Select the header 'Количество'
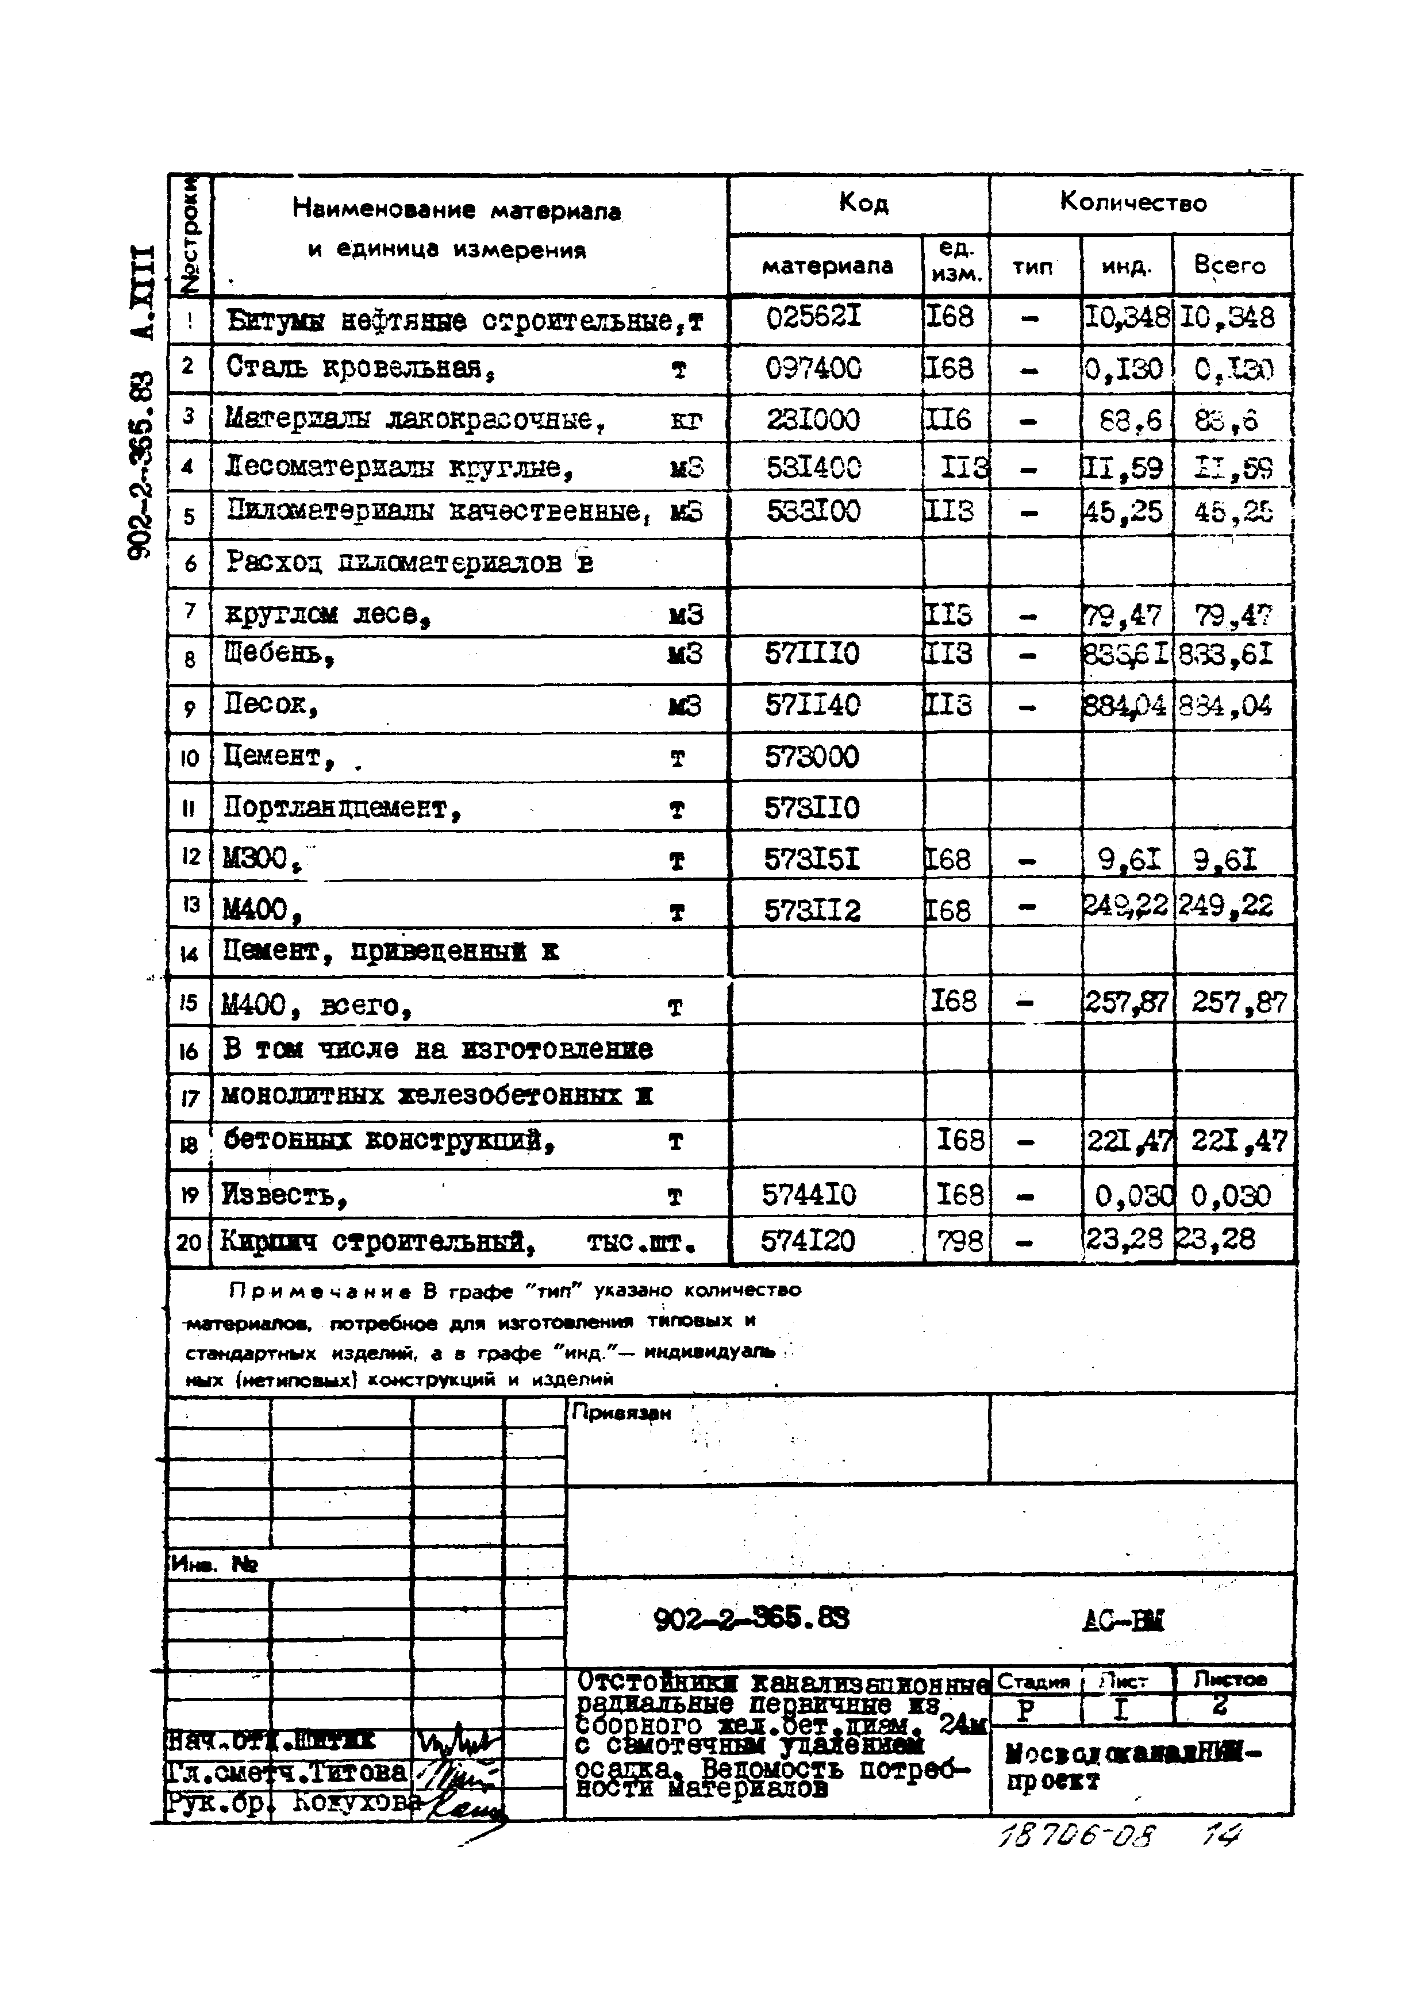(x=1133, y=203)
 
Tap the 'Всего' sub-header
(x=1229, y=265)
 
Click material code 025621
(x=813, y=317)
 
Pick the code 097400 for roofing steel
(x=813, y=368)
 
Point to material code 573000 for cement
(x=812, y=757)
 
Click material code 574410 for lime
(x=808, y=1195)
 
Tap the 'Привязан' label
(x=621, y=1413)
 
